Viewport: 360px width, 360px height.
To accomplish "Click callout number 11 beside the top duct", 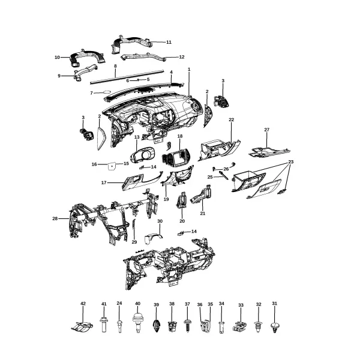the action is click(169, 42).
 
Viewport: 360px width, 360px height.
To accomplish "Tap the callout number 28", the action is click(55, 218).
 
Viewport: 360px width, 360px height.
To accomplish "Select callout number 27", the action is click(266, 130).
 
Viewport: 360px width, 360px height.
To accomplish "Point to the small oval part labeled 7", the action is click(107, 92).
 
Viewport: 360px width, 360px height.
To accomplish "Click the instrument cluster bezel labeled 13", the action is click(143, 155).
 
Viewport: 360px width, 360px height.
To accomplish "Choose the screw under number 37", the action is click(187, 325).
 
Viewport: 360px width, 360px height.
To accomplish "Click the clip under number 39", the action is click(157, 326).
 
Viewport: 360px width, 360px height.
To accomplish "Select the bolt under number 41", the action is click(104, 325).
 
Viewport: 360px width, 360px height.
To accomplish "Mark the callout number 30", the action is click(160, 221).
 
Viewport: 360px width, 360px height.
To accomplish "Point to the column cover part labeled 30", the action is click(153, 238).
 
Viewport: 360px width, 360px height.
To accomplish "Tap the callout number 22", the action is click(231, 119).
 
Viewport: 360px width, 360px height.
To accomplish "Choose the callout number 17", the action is click(104, 183).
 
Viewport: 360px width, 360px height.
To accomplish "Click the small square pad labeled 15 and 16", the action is click(112, 166).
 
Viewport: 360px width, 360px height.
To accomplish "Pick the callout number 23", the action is click(290, 162).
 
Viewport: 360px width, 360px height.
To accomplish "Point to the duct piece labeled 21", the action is click(201, 194).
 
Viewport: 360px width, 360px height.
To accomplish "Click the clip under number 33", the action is click(241, 326).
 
